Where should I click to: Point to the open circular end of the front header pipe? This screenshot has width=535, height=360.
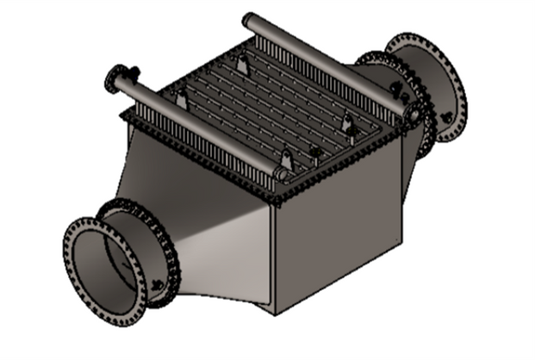pos(281,173)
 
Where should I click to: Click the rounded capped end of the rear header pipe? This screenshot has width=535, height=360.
pos(247,19)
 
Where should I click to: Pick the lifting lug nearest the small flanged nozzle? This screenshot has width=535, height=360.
pos(181,99)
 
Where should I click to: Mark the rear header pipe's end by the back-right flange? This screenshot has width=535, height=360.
pos(411,112)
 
